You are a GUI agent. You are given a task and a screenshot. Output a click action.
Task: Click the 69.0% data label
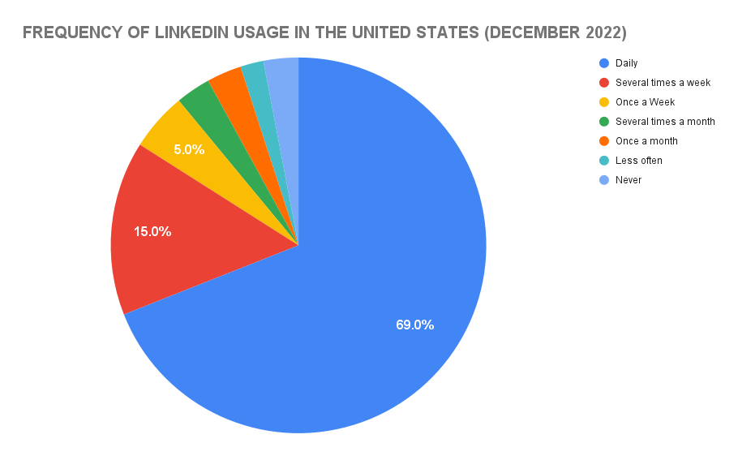pyautogui.click(x=414, y=325)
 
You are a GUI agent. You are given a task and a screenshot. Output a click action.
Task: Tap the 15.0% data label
pyautogui.click(x=152, y=231)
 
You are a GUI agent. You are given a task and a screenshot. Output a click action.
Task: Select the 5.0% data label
pyautogui.click(x=189, y=149)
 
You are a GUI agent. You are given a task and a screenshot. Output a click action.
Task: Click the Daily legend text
pyautogui.click(x=626, y=63)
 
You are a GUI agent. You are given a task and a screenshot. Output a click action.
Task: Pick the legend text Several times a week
pyautogui.click(x=663, y=83)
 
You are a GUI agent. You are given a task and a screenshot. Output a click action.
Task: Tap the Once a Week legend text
pyautogui.click(x=645, y=102)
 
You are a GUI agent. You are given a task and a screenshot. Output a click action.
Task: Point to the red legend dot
pyautogui.click(x=603, y=83)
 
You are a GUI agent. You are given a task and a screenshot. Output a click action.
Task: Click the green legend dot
pyautogui.click(x=603, y=122)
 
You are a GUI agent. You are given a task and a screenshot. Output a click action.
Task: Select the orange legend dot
pyautogui.click(x=603, y=141)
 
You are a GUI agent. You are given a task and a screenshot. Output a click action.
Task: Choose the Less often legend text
pyautogui.click(x=638, y=161)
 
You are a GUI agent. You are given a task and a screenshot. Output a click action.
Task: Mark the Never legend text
pyautogui.click(x=628, y=180)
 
